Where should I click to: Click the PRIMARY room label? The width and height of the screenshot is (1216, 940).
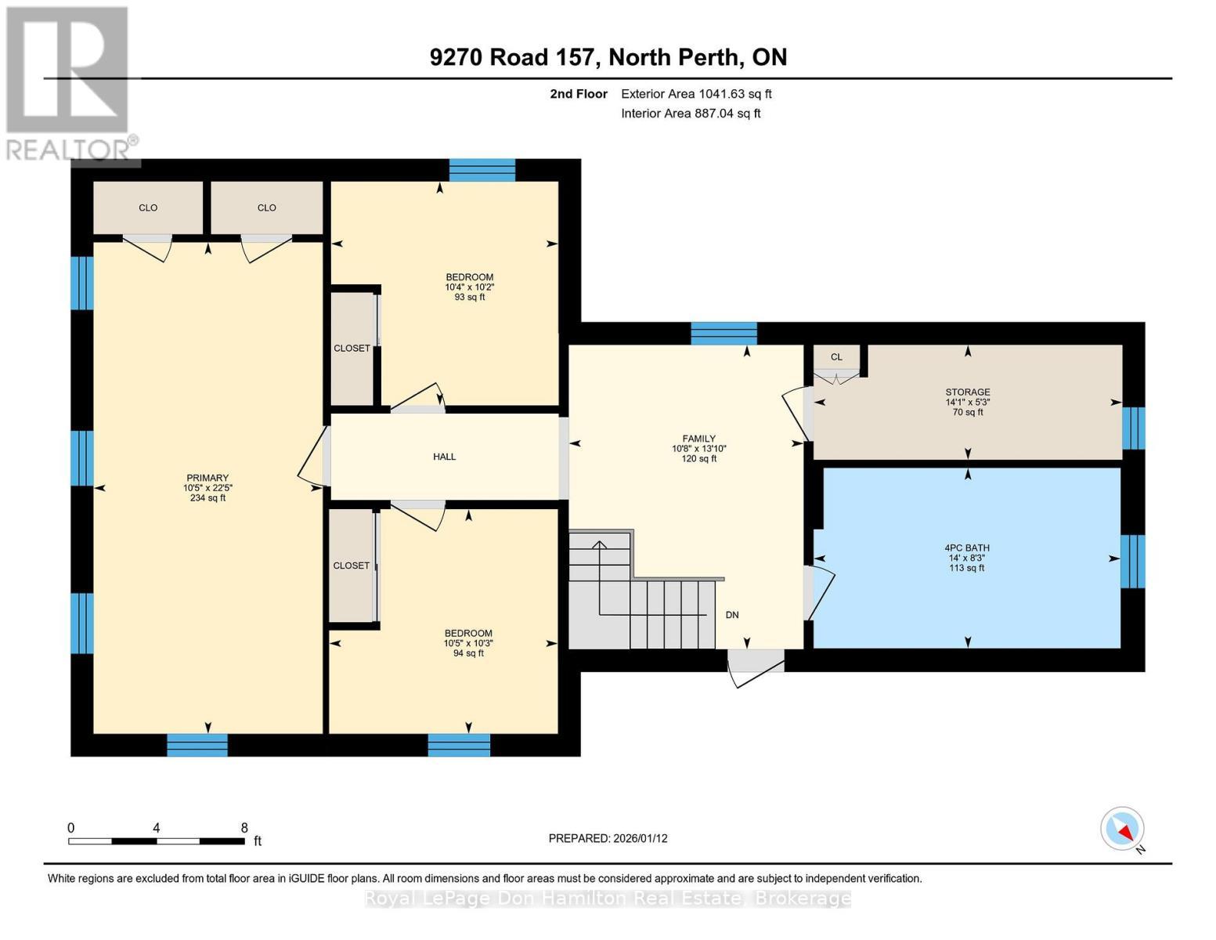(x=207, y=478)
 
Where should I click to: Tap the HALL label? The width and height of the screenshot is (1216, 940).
(x=444, y=457)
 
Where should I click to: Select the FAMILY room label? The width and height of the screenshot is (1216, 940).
(x=698, y=439)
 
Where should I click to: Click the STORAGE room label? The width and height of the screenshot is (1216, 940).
(x=967, y=392)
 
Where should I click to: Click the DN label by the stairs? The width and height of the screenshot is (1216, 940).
(x=732, y=615)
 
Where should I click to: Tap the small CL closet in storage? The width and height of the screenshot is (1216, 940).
(x=836, y=357)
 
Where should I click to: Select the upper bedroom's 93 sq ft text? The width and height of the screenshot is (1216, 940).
(x=470, y=298)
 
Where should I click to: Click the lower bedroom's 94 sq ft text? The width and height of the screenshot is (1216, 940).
(x=468, y=653)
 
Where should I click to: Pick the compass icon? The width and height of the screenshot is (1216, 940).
(x=1122, y=829)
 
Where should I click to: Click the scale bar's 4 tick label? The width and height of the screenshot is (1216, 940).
(x=157, y=828)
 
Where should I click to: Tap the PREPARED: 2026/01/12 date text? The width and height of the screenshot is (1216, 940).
(x=608, y=838)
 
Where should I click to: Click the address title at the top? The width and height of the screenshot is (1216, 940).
(x=608, y=57)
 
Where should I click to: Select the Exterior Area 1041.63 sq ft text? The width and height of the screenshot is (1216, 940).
(x=696, y=94)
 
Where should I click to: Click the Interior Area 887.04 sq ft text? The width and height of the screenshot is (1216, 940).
(x=691, y=114)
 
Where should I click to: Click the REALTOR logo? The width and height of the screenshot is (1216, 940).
(x=69, y=82)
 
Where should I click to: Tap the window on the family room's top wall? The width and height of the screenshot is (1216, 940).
(x=723, y=334)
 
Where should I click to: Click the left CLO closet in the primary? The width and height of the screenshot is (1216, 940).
(x=148, y=208)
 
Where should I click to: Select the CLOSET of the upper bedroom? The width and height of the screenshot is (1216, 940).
(x=352, y=349)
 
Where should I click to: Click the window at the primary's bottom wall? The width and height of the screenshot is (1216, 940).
(x=197, y=745)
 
